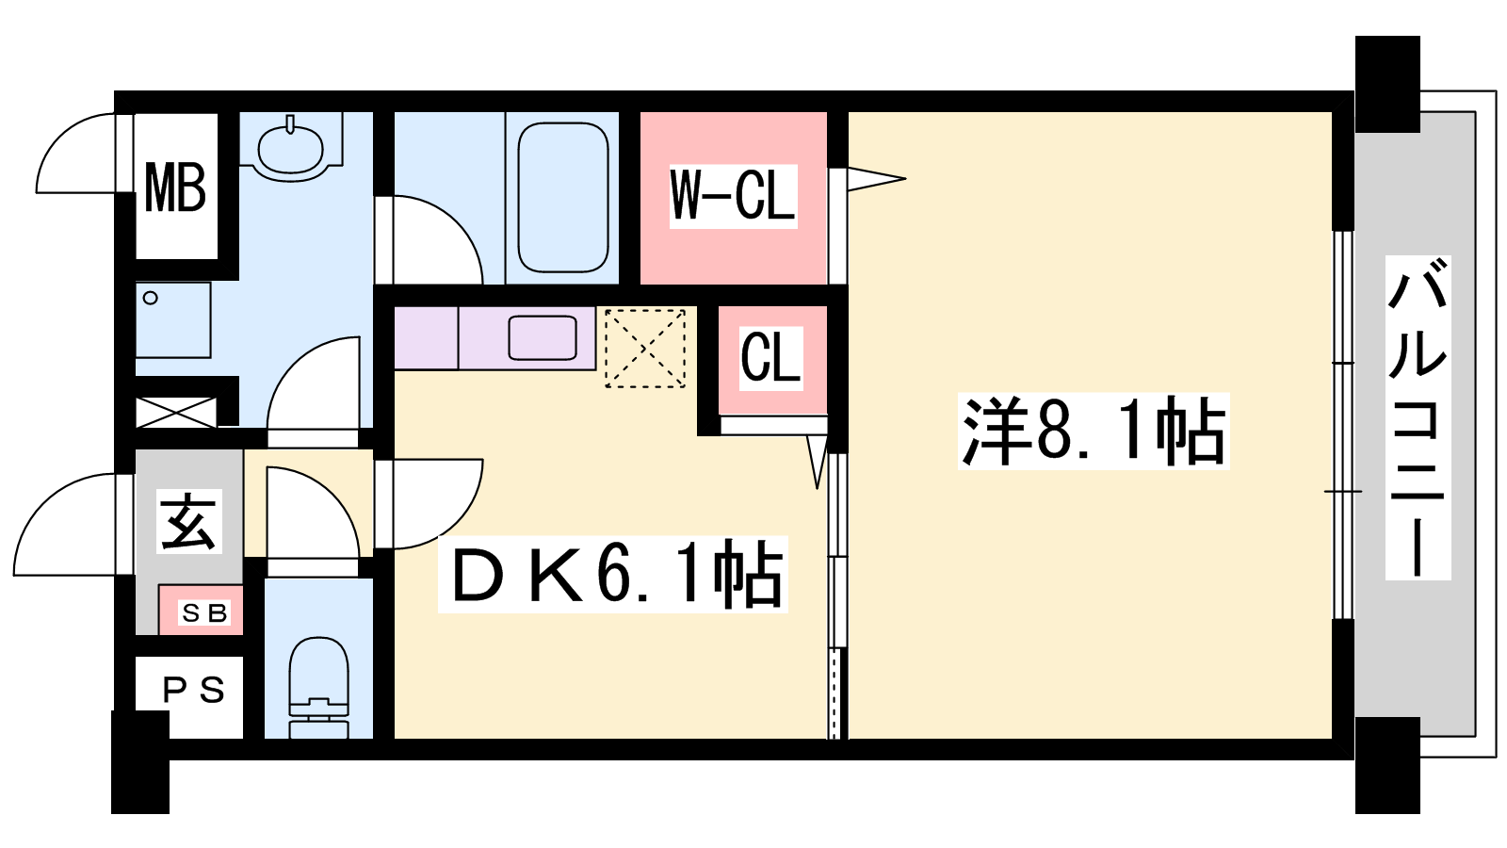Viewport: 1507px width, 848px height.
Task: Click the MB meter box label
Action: [175, 189]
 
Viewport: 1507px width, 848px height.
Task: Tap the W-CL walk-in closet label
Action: [734, 196]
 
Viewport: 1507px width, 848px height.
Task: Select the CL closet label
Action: [771, 358]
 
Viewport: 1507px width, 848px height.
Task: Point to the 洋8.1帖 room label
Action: [1094, 432]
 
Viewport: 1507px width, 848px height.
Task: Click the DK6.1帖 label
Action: [613, 574]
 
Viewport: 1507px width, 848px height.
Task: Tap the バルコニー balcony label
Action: [1418, 417]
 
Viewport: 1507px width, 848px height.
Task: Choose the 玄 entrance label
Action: [189, 522]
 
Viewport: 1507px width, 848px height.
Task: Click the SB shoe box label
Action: [204, 612]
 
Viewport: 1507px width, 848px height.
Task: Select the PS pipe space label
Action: [194, 690]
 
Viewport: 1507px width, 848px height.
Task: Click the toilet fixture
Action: [319, 687]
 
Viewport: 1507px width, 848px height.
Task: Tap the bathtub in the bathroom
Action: [563, 197]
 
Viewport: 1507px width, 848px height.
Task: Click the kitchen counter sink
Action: [543, 338]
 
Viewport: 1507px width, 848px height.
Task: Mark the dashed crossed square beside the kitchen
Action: [645, 348]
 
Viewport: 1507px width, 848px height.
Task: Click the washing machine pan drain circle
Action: [151, 298]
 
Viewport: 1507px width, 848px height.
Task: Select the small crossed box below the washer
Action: [176, 412]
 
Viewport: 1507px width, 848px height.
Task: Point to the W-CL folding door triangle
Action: [876, 179]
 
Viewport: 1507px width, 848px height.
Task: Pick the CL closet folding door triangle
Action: [818, 462]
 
